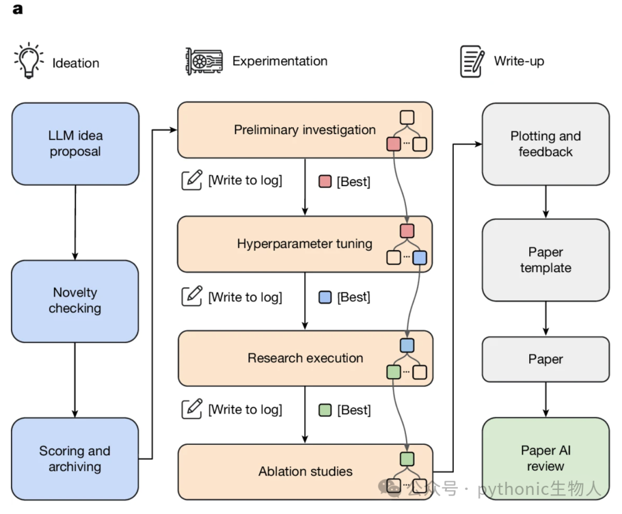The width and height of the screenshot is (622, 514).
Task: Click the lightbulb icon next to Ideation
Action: click(29, 61)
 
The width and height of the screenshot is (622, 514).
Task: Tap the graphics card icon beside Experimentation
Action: click(204, 61)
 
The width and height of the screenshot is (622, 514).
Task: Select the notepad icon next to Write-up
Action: click(472, 61)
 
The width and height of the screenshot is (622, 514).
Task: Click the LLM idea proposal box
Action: click(75, 143)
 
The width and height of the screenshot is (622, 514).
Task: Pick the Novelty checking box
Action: click(75, 301)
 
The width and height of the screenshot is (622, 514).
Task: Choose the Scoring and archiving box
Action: click(75, 459)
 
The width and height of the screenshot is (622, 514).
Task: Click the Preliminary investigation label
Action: click(305, 130)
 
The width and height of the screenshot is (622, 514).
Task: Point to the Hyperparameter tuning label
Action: click(305, 244)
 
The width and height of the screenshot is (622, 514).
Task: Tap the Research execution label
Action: click(305, 358)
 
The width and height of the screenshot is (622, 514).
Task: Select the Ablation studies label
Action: click(305, 471)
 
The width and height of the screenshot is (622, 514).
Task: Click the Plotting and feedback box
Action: click(546, 144)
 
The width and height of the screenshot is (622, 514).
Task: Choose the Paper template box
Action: click(546, 260)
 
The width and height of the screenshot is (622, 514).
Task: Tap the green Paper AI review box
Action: click(546, 459)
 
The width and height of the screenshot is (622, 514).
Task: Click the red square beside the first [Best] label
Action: click(325, 182)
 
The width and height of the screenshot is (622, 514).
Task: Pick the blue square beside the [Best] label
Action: click(325, 297)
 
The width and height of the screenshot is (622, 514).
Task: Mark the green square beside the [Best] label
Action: click(325, 410)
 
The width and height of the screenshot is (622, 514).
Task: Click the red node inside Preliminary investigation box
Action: click(393, 143)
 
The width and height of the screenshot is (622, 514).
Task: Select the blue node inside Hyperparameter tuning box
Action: click(420, 258)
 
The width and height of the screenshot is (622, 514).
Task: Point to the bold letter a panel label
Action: click(17, 9)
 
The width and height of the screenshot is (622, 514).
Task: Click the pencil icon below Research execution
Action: click(192, 409)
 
